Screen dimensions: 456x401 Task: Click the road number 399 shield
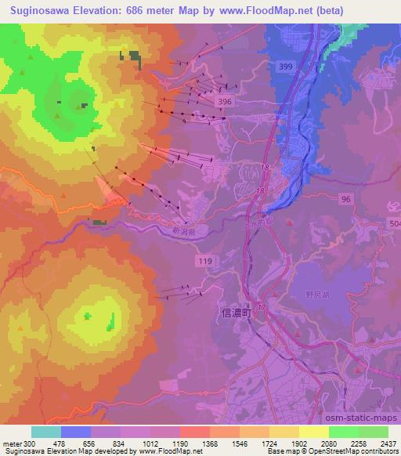pos(285,67)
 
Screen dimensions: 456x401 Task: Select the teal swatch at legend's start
pos(46,432)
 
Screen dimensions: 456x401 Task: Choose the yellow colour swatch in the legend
pos(314,432)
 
